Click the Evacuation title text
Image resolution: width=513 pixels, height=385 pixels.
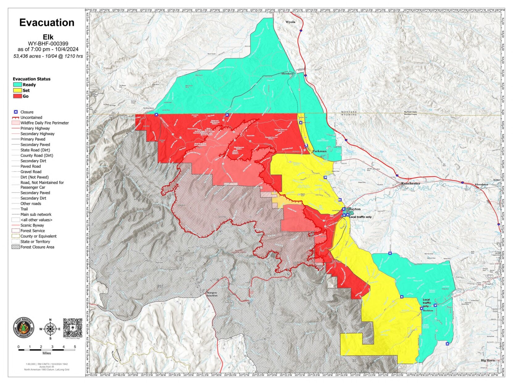47,23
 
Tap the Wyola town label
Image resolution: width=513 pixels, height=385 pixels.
290,22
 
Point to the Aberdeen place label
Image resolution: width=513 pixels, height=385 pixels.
287,74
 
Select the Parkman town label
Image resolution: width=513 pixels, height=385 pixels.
319,151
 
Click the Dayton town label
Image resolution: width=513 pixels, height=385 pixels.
354,209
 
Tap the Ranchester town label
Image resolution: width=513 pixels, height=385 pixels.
411,183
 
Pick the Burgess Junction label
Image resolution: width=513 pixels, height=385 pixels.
212,294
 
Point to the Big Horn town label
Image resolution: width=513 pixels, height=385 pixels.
488,360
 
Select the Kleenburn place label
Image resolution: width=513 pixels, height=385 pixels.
481,184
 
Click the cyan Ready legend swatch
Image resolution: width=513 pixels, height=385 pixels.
17,85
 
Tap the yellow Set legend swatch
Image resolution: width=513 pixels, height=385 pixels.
17,90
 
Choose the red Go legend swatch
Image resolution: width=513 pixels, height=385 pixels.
17,96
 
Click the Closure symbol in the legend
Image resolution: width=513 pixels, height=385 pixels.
16,112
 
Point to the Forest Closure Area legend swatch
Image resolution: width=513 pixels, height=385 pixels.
16,247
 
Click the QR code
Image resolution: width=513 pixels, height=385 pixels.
73,328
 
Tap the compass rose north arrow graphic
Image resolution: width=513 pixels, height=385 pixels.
50,329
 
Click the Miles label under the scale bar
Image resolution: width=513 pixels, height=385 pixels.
47,353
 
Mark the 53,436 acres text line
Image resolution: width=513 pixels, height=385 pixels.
48,56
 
